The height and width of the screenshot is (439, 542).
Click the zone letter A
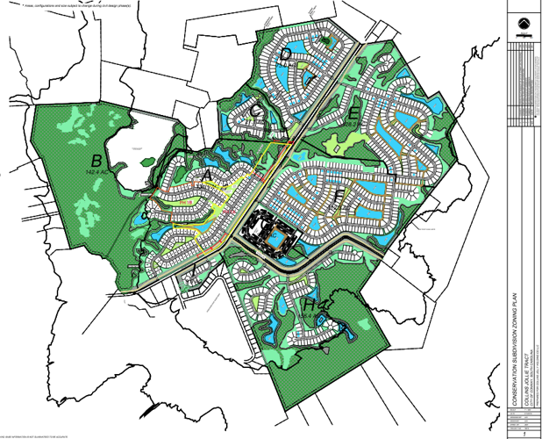coord(207,176)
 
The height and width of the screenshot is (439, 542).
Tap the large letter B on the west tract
coord(96,160)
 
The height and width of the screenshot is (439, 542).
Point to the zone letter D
coord(286,55)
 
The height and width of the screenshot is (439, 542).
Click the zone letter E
coord(353,114)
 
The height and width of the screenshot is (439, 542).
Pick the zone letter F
coord(338,194)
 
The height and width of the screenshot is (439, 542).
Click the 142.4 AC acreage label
coord(96,173)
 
